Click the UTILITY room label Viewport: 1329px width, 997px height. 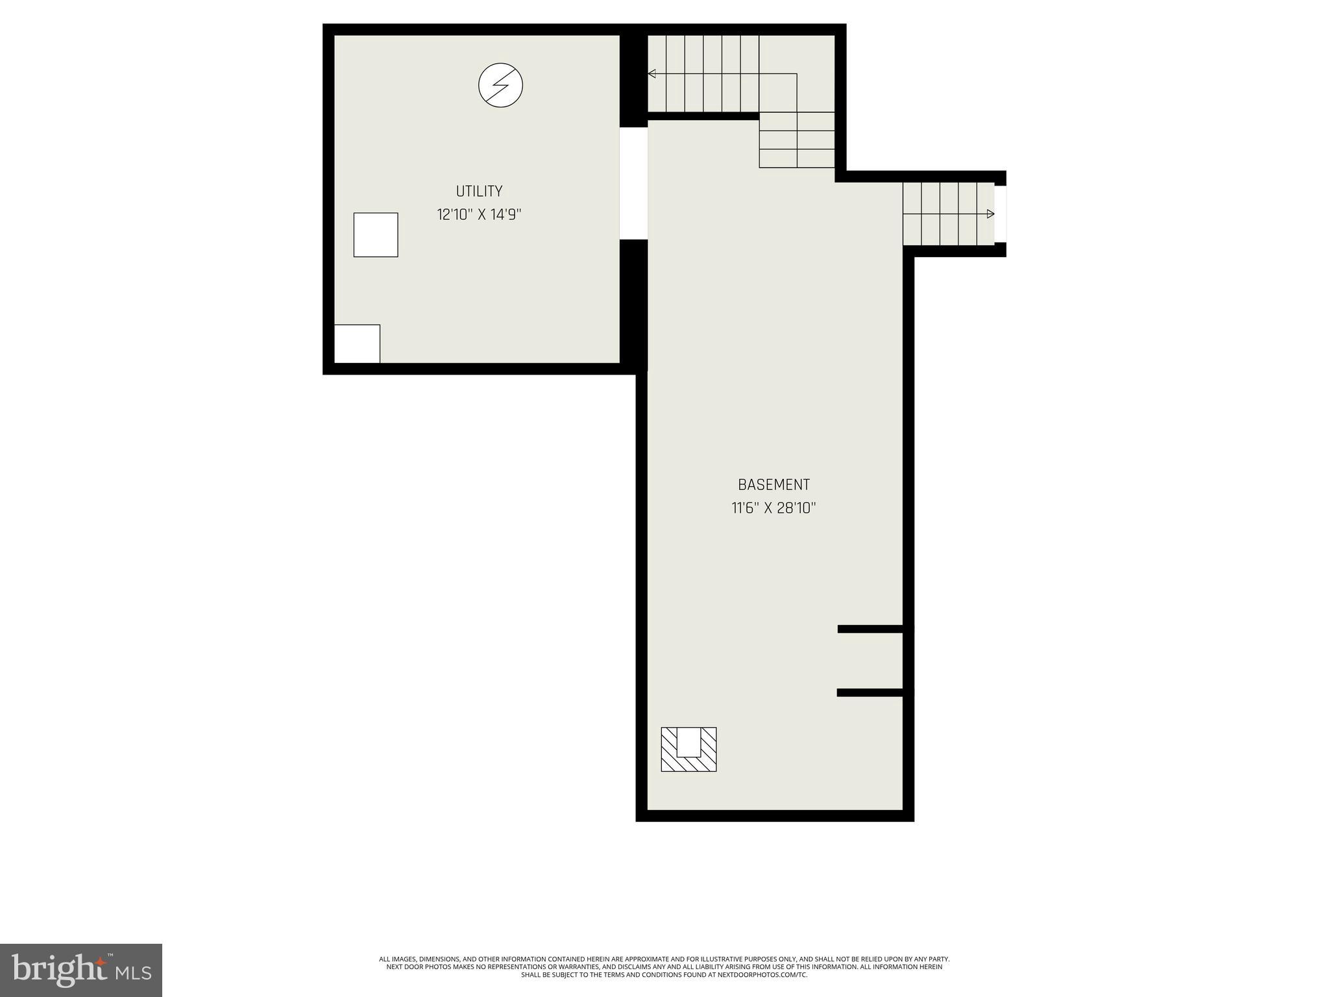click(479, 191)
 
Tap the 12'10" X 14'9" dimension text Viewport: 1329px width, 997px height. click(479, 215)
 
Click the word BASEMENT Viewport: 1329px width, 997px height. click(774, 485)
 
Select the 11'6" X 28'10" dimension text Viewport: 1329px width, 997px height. click(774, 508)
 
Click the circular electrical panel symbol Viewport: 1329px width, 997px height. click(500, 85)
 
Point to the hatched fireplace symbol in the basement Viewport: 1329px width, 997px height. click(689, 750)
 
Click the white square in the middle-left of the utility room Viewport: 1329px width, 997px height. click(376, 235)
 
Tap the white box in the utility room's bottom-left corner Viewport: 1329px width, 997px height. click(357, 344)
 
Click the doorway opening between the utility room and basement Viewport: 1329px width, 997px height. click(633, 184)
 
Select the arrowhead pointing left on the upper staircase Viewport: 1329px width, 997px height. click(652, 74)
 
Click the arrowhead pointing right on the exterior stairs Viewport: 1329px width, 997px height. click(990, 214)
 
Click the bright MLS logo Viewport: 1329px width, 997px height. click(80, 970)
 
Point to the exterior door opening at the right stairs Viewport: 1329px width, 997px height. click(1000, 214)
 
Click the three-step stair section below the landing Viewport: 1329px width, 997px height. click(797, 140)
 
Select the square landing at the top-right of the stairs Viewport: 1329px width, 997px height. click(797, 73)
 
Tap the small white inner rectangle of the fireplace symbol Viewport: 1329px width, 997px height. click(689, 742)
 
